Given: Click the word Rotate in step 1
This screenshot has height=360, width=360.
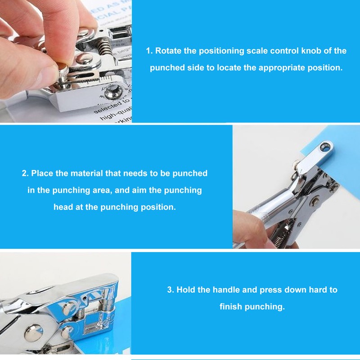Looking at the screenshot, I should tap(168, 51).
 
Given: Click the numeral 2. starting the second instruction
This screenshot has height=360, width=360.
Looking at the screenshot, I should tap(25, 173).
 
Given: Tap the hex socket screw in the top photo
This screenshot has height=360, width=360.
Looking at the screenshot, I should tap(116, 92).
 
